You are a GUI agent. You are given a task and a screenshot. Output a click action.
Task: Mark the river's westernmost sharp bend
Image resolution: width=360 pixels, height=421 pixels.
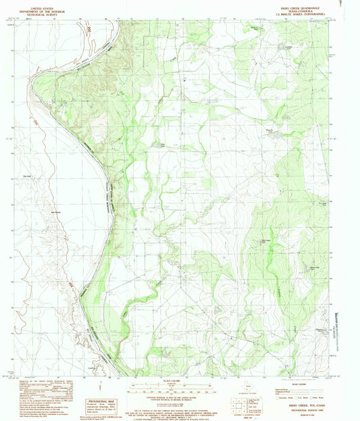(32, 80)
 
